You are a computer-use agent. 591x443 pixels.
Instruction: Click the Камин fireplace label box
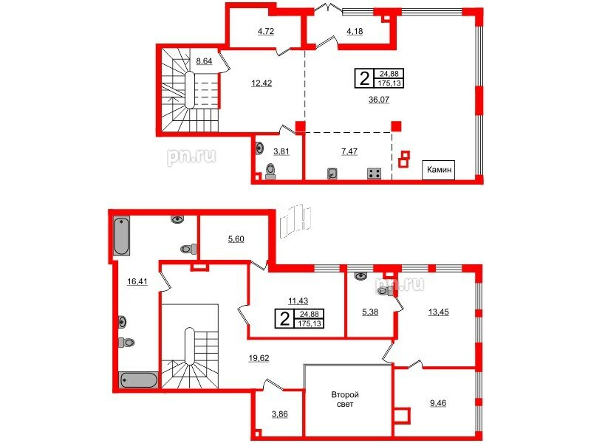(439, 170)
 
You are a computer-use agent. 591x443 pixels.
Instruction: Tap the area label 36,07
(379, 100)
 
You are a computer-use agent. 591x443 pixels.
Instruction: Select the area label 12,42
(262, 83)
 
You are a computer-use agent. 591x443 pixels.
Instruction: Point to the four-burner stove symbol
(375, 174)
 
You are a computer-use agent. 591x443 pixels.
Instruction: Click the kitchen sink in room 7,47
(332, 174)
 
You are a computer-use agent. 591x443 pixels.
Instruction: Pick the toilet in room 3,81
(270, 171)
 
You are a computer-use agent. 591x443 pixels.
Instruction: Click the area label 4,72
(266, 32)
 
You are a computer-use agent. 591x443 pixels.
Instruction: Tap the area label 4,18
(355, 32)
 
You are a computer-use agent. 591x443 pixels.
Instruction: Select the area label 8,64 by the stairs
(204, 61)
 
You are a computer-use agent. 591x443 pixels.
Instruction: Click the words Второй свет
(345, 399)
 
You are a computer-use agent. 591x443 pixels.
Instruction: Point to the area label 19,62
(259, 358)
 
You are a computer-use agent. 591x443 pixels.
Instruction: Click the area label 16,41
(137, 281)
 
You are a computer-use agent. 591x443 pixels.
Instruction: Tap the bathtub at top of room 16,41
(122, 236)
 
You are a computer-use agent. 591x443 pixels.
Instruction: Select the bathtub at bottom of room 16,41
(139, 380)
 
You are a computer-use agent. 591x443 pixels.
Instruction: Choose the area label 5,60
(236, 238)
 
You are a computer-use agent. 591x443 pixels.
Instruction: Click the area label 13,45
(439, 312)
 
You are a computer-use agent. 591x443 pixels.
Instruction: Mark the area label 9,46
(438, 403)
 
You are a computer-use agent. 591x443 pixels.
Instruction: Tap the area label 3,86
(280, 414)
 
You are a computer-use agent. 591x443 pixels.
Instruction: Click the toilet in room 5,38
(386, 291)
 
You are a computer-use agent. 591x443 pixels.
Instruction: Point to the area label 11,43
(298, 301)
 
